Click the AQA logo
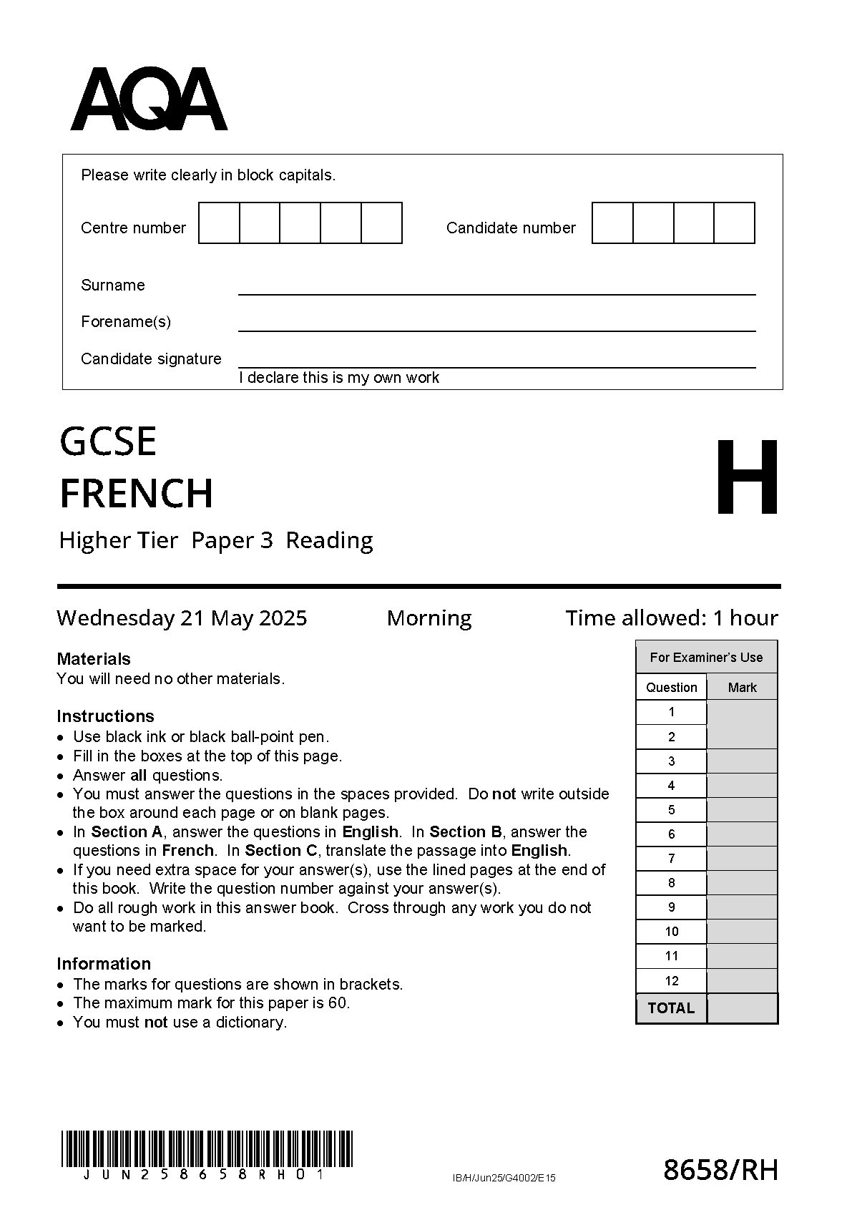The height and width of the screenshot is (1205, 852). coord(149,99)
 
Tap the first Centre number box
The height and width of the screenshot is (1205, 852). coord(219,223)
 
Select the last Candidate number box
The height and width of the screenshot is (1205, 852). coord(734,223)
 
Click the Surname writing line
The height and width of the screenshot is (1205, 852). coord(496,288)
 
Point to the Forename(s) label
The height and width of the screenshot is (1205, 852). coord(126,322)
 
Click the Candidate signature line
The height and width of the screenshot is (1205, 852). coord(496,361)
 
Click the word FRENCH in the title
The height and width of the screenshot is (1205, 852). coord(136,494)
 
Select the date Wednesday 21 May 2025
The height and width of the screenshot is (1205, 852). coord(182,618)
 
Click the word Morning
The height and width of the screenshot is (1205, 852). coord(429,618)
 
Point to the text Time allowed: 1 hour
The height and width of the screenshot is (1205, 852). coord(671,618)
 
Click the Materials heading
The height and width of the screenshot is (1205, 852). coord(94,659)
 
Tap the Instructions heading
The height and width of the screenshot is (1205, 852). coord(105,716)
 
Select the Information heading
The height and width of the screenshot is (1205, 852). coord(104,964)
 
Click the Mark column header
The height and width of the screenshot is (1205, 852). coord(742,688)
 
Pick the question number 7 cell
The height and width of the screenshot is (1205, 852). coord(671,859)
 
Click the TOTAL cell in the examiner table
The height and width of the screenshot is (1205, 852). coord(671,1008)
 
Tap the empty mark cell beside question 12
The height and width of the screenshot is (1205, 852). coord(742,981)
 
